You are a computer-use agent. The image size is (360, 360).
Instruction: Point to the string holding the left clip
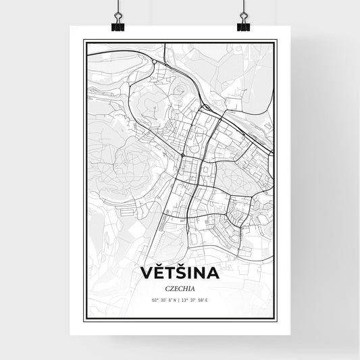click(x=118, y=8)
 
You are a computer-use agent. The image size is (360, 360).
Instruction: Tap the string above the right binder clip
click(x=242, y=8)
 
